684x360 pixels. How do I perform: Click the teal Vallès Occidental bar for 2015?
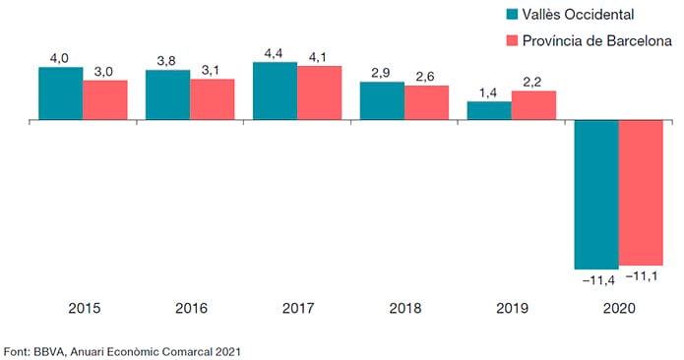tap(61, 93)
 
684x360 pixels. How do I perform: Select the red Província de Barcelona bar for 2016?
tap(212, 99)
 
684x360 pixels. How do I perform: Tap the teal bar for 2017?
tap(276, 90)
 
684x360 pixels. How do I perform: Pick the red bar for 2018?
tap(426, 102)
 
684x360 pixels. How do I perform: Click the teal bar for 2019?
tap(489, 111)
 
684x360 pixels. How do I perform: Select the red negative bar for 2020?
tap(641, 193)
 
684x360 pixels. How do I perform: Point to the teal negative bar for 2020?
tap(596, 195)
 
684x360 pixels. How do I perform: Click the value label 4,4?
tap(273, 54)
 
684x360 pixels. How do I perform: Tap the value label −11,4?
tap(598, 280)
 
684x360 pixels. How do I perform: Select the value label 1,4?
tap(488, 93)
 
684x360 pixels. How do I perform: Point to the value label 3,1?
tap(211, 71)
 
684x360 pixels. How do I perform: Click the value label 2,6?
tap(425, 77)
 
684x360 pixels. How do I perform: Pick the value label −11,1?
tap(642, 276)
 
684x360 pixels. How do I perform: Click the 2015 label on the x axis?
tap(85, 309)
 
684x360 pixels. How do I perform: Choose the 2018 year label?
tap(405, 309)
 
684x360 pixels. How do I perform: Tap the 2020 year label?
tap(619, 309)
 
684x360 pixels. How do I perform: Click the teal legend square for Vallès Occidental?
tap(512, 14)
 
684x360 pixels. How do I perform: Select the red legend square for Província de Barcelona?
tap(512, 40)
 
